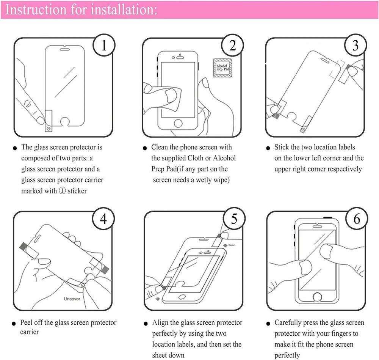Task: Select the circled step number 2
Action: [232, 46]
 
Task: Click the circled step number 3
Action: [355, 46]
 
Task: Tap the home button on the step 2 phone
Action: [178, 123]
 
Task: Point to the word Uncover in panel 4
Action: [72, 299]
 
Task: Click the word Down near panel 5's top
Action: [232, 245]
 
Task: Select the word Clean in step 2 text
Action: [160, 147]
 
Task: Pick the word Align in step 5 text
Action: [161, 323]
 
